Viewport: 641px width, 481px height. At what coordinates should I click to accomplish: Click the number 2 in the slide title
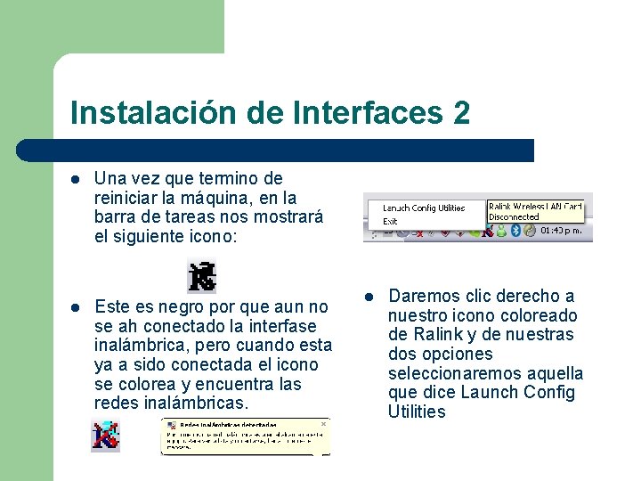coord(461,113)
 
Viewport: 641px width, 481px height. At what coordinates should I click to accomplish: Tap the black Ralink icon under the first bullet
coord(201,276)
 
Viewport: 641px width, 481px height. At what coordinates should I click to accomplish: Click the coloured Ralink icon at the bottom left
coord(105,436)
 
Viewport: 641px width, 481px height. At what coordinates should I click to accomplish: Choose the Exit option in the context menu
coord(390,221)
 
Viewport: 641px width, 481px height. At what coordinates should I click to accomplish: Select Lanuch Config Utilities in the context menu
coord(424,208)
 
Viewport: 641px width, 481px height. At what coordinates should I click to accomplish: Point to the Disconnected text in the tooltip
coord(514,216)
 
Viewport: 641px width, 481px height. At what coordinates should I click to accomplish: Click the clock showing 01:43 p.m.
coord(562,230)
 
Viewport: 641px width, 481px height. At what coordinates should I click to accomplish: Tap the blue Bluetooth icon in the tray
coord(515,230)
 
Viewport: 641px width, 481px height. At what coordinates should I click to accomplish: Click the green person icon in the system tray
coord(501,230)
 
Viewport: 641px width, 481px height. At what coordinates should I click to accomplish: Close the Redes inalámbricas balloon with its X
coord(323,425)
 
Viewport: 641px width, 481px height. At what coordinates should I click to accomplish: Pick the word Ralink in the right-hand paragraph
coord(435,335)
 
